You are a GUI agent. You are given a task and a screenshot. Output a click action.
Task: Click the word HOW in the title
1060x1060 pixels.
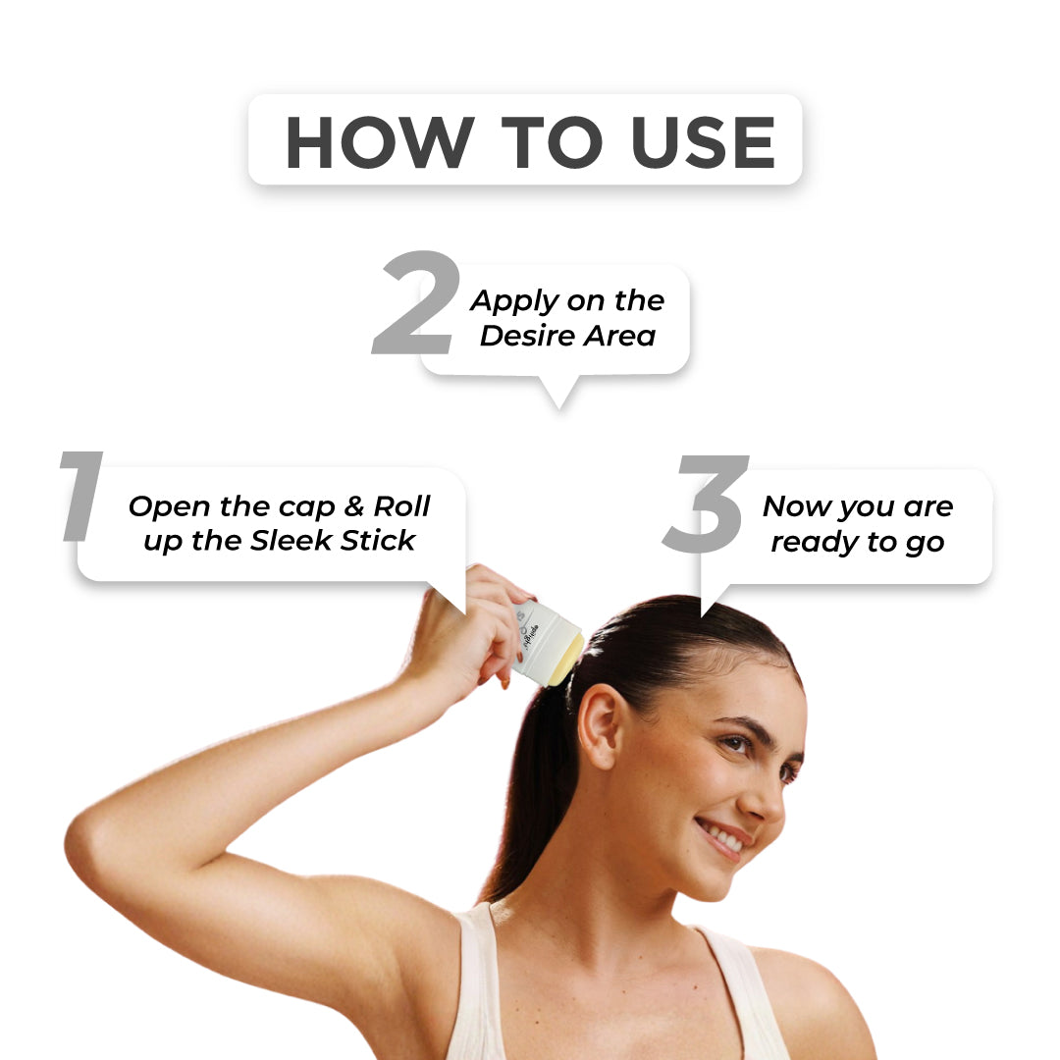click(380, 142)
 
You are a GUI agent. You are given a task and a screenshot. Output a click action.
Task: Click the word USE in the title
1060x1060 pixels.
click(703, 142)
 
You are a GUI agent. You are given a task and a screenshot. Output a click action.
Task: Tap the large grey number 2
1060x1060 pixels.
click(417, 302)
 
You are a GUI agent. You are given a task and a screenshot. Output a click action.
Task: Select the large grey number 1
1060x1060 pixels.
click(81, 496)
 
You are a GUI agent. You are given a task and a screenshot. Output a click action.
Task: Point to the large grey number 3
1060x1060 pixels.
click(706, 503)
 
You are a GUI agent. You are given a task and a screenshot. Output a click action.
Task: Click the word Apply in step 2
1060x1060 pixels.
click(515, 301)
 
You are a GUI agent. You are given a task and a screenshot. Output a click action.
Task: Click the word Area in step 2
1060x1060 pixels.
click(620, 336)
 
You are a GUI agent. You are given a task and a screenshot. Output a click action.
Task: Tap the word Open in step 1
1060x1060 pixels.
click(169, 507)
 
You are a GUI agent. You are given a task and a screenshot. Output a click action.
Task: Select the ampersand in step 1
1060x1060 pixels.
click(354, 505)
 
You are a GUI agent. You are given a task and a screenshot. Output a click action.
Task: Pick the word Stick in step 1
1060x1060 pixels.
click(377, 540)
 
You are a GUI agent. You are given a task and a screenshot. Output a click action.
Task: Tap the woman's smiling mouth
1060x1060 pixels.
click(724, 839)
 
